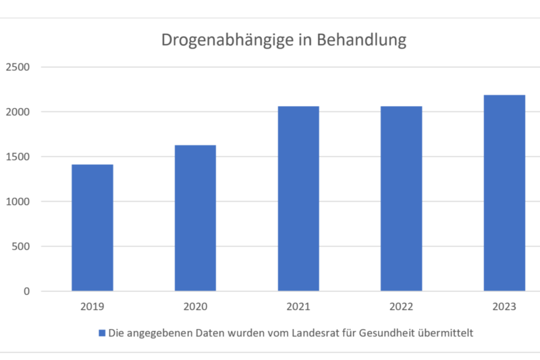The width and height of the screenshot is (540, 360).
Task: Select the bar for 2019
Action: coord(92,228)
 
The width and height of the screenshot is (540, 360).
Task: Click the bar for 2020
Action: coord(195,218)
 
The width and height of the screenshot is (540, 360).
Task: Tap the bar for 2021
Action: coord(298,199)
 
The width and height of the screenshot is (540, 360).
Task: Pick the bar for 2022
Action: coord(401,199)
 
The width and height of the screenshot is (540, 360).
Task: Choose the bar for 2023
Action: coord(504,193)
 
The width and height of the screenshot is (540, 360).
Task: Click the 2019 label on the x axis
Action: coord(92,307)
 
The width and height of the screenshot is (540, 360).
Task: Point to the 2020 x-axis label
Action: coord(195,307)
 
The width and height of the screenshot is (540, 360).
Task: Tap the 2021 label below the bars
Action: coord(298,307)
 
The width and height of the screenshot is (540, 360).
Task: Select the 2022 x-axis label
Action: coord(401,307)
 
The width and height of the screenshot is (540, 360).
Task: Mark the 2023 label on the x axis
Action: coord(504,307)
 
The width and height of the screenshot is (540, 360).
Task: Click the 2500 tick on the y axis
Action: coord(18,67)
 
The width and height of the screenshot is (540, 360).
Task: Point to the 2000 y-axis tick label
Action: coord(18,111)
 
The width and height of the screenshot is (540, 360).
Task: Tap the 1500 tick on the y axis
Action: coord(18,157)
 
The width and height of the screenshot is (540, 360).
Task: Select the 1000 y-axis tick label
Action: coord(18,201)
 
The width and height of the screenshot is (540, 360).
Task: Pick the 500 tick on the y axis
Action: coord(21,247)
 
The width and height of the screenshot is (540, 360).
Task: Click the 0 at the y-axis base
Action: coord(26,291)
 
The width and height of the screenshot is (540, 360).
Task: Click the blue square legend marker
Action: coord(103,333)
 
